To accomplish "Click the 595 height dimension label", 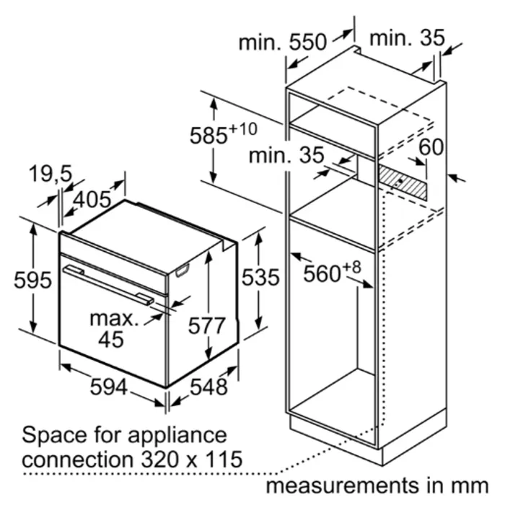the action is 32,280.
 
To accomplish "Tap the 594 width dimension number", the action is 108,387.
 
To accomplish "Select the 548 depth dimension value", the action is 208,387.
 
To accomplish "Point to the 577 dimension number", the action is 206,325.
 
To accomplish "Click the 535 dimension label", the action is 260,277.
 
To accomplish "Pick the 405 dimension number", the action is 92,199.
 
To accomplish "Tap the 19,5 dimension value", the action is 50,174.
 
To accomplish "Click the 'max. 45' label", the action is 113,329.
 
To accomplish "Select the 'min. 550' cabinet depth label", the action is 283,42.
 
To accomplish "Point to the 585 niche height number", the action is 208,136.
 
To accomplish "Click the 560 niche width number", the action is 322,274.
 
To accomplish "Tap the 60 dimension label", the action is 431,147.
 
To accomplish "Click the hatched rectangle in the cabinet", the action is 403,183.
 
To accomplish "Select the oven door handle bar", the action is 108,285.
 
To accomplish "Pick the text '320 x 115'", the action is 192,459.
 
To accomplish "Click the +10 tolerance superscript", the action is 243,129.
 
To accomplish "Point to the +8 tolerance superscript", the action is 352,268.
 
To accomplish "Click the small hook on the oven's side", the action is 183,271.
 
